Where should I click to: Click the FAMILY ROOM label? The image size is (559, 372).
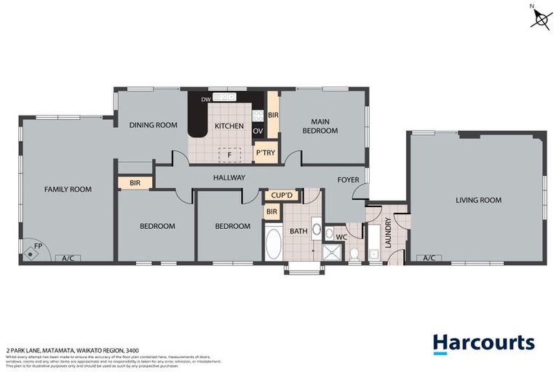coord(68,189)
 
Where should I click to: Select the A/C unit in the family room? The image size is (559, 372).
coord(68,258)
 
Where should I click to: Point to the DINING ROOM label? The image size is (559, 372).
coord(154,125)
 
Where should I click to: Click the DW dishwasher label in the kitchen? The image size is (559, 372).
coord(206,98)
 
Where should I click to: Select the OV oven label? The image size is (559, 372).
coord(257,131)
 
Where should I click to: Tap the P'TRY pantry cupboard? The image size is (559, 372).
coord(263,153)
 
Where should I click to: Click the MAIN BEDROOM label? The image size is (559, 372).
coord(325,126)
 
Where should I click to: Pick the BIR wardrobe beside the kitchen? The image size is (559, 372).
coord(273,115)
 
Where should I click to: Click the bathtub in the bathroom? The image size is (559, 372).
coord(273,244)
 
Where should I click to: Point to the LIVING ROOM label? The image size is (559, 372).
coord(478,200)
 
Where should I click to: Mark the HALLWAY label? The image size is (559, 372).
coord(229,177)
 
